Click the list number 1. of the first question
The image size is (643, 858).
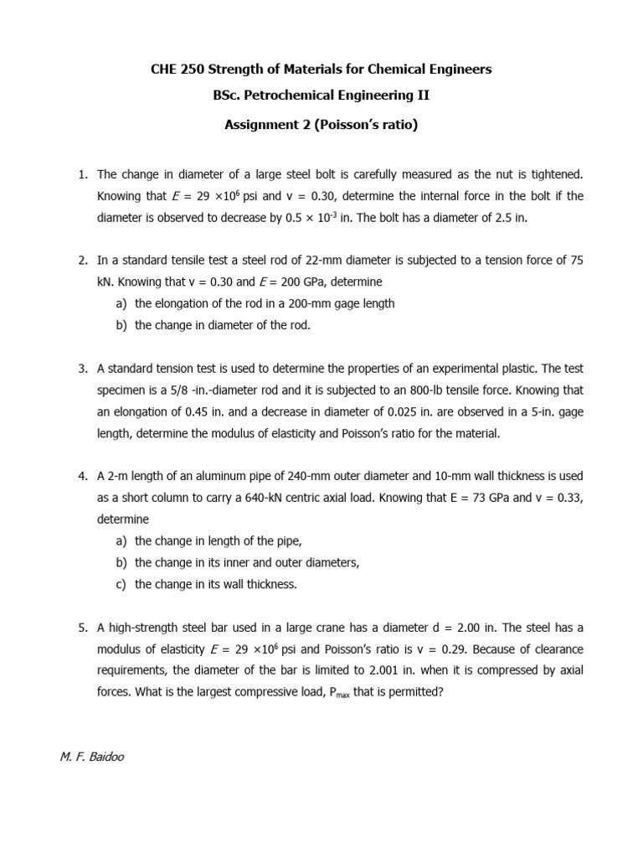83,174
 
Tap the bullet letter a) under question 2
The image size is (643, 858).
121,303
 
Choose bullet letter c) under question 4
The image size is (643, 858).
121,584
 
